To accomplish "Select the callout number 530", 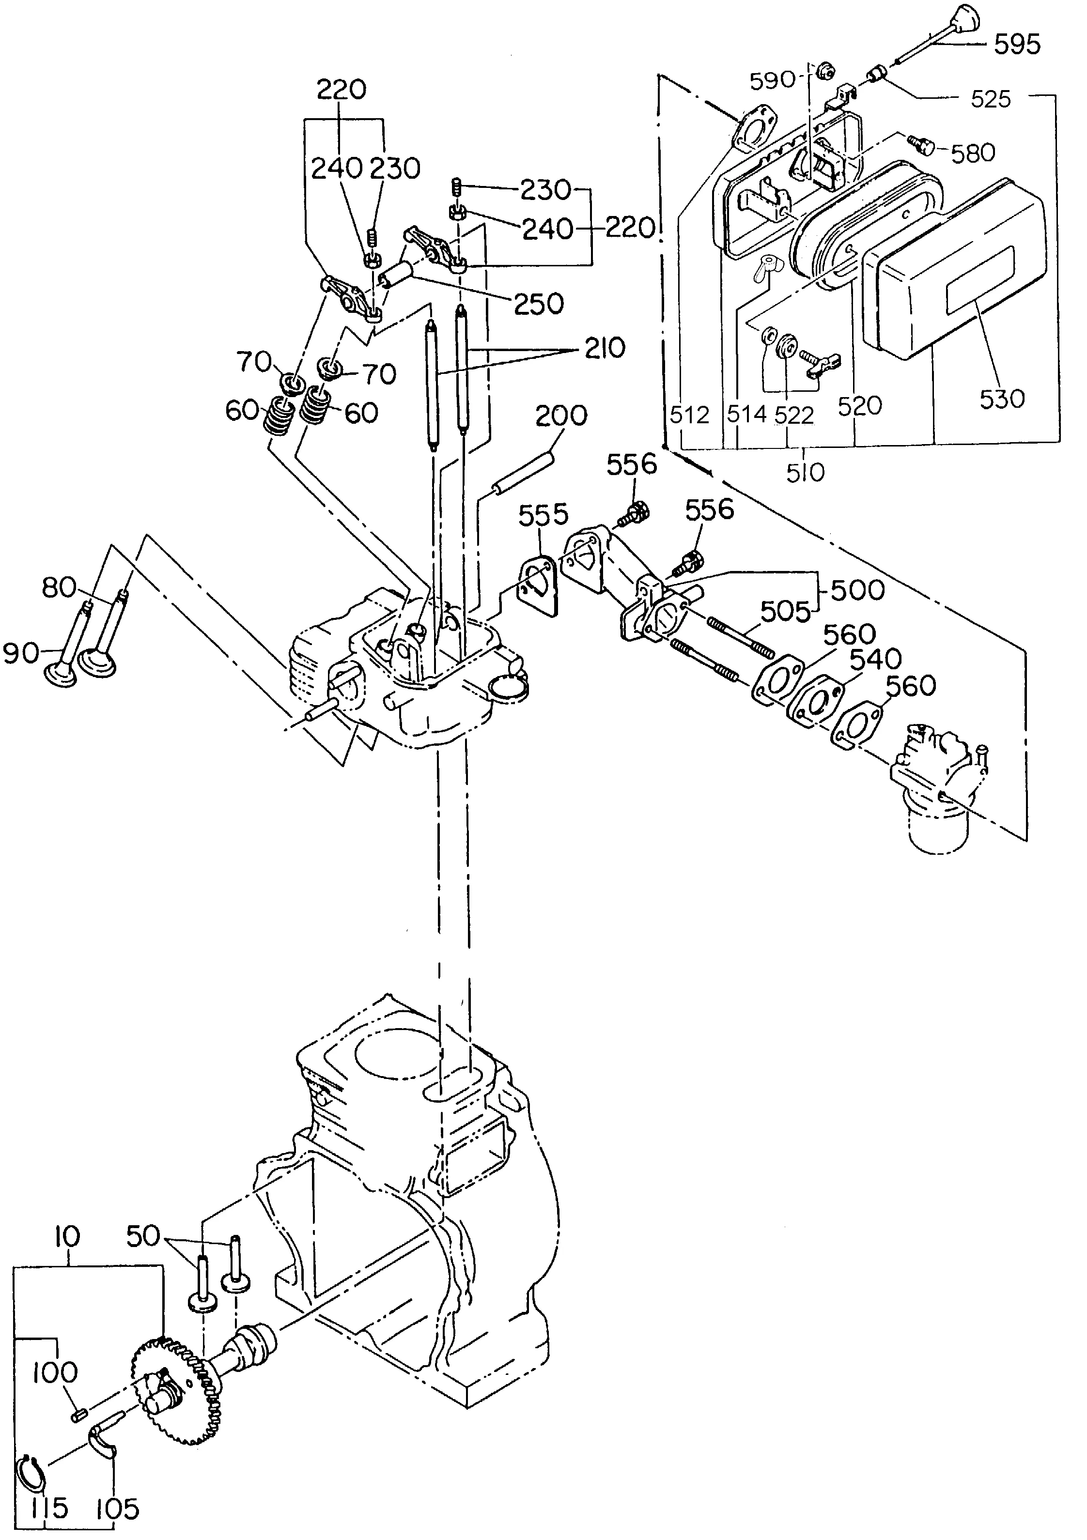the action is pyautogui.click(x=1002, y=399).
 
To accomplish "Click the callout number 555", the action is pyautogui.click(x=544, y=515).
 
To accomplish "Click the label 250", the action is pyautogui.click(x=539, y=304).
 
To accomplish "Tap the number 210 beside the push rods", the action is pyautogui.click(x=605, y=348).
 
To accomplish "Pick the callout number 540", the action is pyautogui.click(x=874, y=659).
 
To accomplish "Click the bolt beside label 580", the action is pyautogui.click(x=917, y=143).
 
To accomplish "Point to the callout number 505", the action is pyautogui.click(x=786, y=611).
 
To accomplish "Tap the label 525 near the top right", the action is pyautogui.click(x=991, y=99).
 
